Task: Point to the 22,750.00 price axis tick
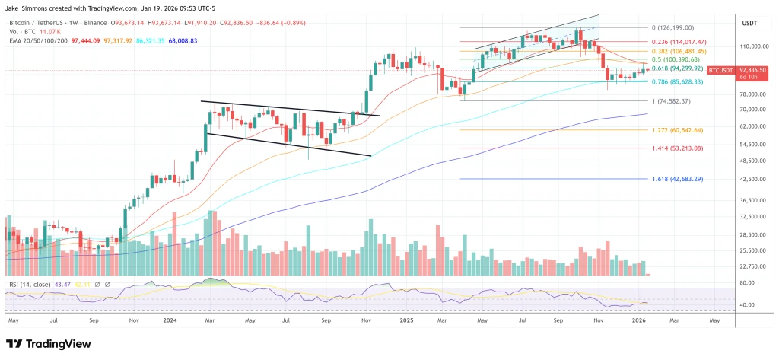751,266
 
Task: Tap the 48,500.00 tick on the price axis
751,161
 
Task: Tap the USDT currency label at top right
750,24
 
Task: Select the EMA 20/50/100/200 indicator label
35,38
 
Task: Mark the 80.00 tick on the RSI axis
748,282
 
